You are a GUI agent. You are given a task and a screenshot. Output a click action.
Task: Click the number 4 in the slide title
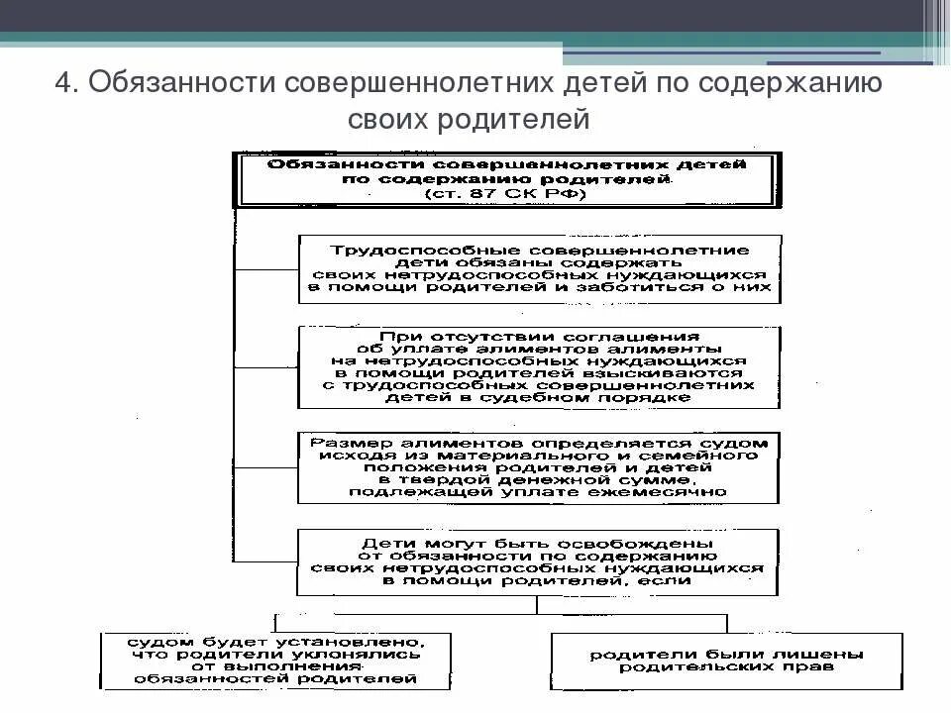pos(62,82)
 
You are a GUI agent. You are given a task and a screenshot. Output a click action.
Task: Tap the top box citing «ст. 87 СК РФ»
pos(506,180)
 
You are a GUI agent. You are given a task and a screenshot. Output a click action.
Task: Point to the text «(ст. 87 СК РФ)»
pos(506,196)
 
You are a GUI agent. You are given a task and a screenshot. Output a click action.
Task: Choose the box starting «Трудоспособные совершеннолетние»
pos(539,268)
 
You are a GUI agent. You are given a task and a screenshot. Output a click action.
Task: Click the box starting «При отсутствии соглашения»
pos(539,366)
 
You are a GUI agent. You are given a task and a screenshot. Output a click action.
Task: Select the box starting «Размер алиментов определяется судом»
pos(539,466)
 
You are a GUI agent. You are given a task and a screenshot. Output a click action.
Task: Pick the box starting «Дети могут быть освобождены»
pos(539,563)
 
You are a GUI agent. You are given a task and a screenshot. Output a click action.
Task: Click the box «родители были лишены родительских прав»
pos(727,662)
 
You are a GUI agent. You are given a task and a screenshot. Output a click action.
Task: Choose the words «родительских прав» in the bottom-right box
pos(727,668)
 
